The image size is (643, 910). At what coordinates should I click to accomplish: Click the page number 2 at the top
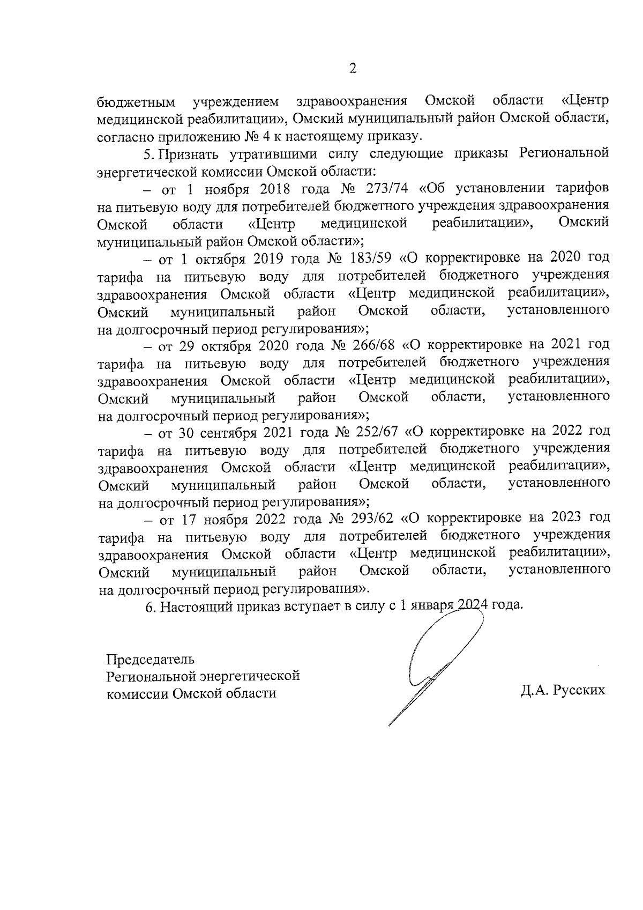coord(353,68)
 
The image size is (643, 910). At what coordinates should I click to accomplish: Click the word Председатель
coord(151,659)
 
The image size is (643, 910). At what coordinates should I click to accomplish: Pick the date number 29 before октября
coord(187,345)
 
